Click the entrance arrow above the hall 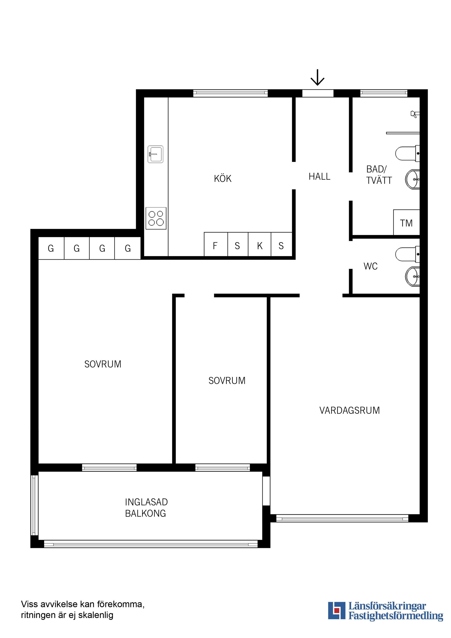[317, 78]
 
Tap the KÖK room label [223, 178]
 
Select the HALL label [319, 176]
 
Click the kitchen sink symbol [155, 154]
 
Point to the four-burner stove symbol [156, 218]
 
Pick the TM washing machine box [407, 222]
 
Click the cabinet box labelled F [216, 244]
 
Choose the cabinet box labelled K [260, 244]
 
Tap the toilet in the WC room [407, 254]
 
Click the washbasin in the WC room [412, 276]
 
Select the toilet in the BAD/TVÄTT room [407, 153]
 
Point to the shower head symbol [415, 114]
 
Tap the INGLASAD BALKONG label [146, 508]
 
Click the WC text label [370, 266]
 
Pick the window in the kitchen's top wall [230, 93]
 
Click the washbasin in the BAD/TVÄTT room [412, 179]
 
